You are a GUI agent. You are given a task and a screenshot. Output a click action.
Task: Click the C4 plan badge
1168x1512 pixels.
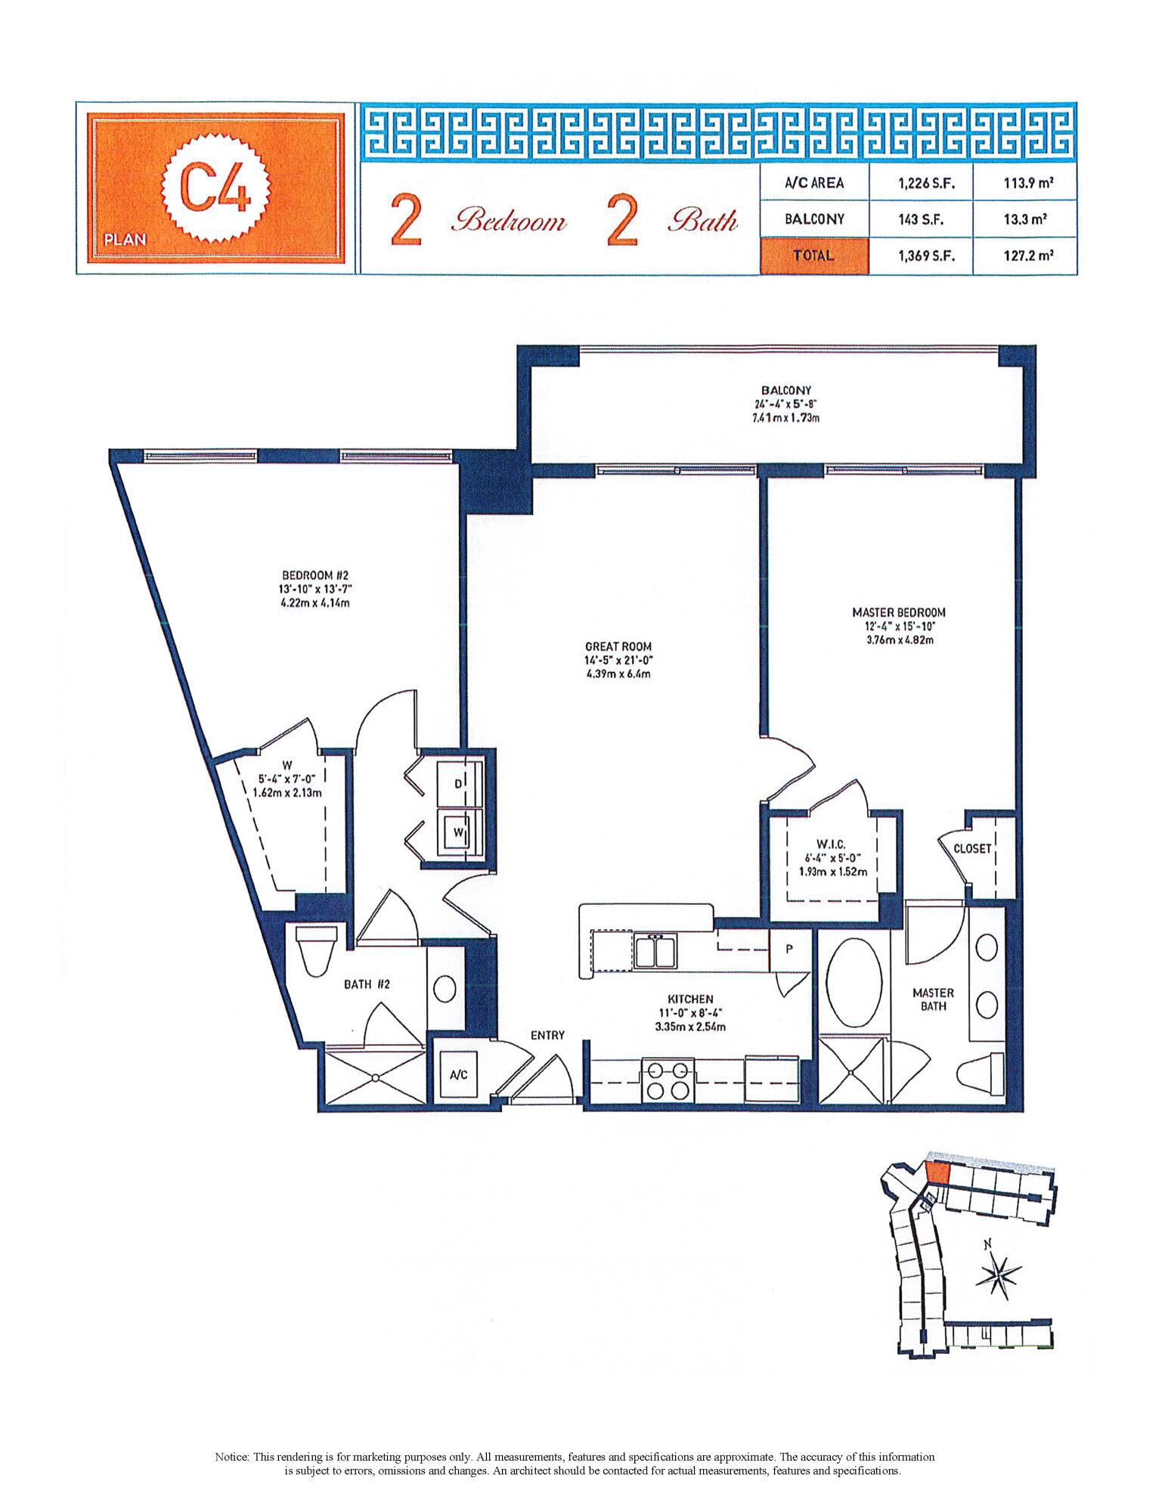(214, 187)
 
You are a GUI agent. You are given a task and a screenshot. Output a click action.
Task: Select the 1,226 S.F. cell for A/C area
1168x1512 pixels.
(922, 184)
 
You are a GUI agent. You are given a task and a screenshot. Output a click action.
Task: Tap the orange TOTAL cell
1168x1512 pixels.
(813, 256)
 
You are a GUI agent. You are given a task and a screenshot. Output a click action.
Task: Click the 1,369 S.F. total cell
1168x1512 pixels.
(922, 256)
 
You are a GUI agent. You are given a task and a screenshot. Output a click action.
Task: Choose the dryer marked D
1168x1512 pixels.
(458, 784)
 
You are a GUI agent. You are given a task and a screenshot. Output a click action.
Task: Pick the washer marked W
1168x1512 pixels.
(458, 832)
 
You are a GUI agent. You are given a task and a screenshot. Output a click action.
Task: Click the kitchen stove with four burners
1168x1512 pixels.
(667, 1080)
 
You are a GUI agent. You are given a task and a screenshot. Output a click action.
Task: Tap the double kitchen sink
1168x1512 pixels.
(655, 951)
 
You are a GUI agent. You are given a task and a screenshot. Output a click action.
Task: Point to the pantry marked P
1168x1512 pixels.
(788, 950)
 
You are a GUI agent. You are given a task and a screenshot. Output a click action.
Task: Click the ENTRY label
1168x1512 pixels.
(547, 1035)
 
